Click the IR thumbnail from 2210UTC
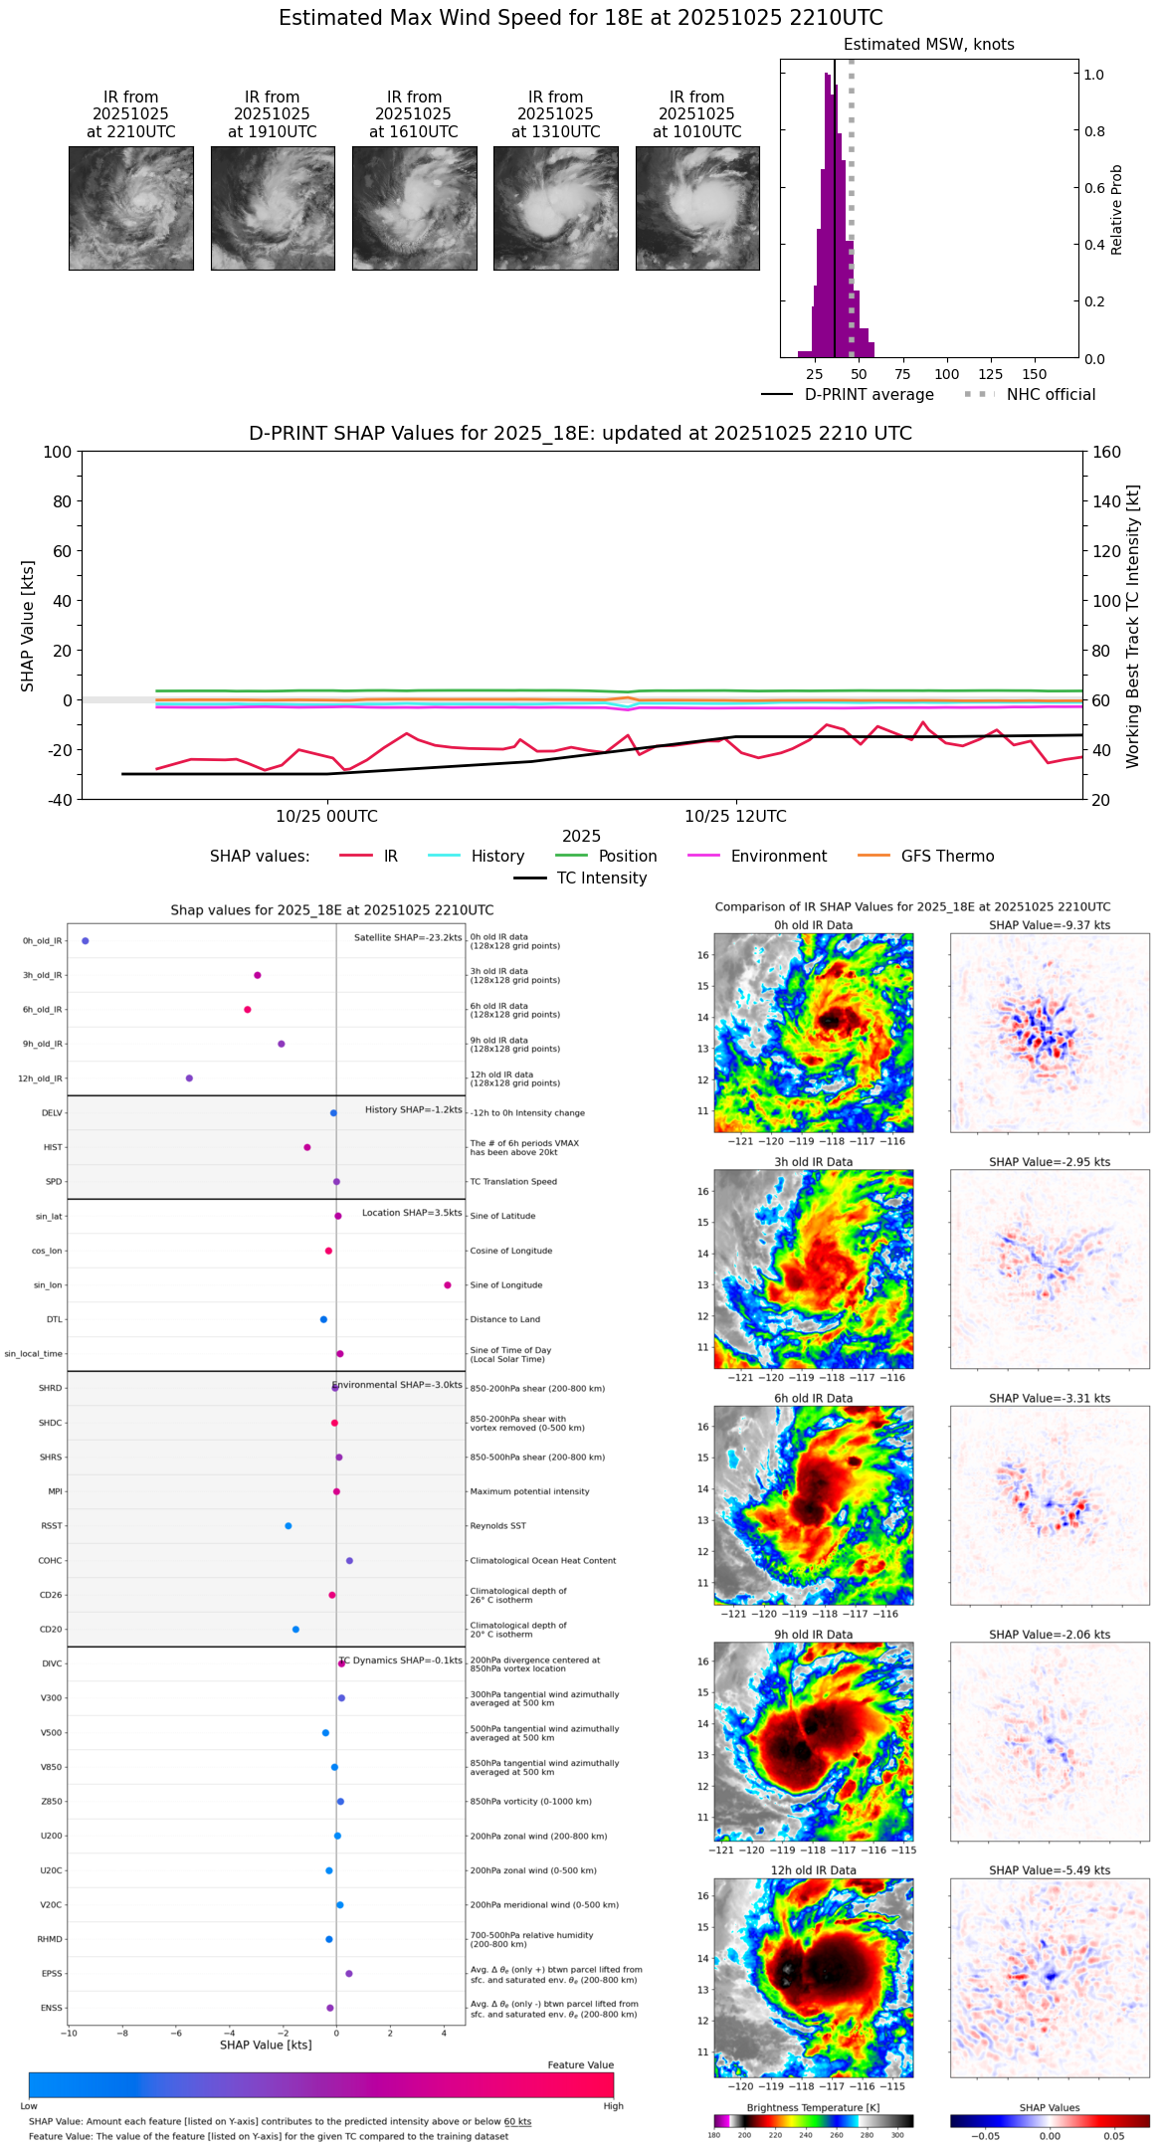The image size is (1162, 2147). [x=130, y=208]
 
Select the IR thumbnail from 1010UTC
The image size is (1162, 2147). [x=697, y=208]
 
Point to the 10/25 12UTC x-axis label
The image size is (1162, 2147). [x=735, y=817]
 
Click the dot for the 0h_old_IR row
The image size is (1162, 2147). [x=86, y=940]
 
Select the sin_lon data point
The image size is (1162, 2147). [x=448, y=1285]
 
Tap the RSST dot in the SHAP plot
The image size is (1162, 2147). [x=289, y=1526]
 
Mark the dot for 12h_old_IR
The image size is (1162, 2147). [x=189, y=1078]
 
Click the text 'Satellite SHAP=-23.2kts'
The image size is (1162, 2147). [x=408, y=937]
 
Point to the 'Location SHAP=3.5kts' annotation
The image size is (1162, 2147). [x=412, y=1213]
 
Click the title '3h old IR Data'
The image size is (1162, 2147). [x=813, y=1162]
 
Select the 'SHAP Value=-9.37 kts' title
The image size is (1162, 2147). [x=1050, y=925]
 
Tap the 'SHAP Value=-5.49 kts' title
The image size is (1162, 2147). [x=1050, y=1870]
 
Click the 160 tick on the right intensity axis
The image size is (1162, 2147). [x=1106, y=452]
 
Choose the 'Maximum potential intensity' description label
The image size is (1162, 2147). [x=529, y=1491]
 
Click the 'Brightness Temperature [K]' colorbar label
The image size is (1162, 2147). [x=813, y=2107]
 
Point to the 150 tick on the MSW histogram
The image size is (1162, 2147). [x=1035, y=375]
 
